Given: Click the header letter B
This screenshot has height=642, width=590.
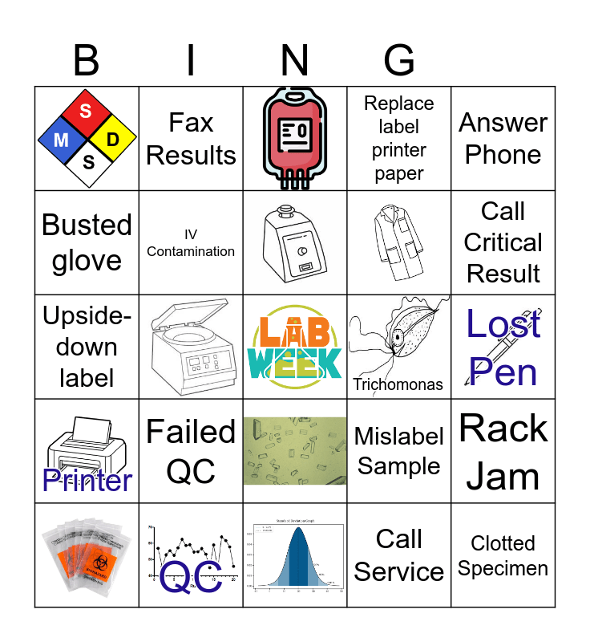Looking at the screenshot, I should tap(87, 61).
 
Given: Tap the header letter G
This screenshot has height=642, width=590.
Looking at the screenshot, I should tap(399, 61).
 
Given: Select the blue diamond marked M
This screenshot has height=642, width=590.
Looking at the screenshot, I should tap(62, 140).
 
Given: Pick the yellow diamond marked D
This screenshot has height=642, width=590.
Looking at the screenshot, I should tap(113, 140).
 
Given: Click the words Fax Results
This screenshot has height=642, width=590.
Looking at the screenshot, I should tap(191, 139).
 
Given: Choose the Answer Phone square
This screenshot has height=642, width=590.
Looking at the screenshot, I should tap(503, 139).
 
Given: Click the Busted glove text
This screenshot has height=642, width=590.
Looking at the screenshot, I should tap(87, 242).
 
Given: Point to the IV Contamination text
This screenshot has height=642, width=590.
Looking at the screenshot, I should tap(191, 243).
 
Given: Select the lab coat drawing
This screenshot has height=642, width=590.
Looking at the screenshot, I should tap(398, 242).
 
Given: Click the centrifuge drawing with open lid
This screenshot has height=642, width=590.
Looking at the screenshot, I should tap(191, 347).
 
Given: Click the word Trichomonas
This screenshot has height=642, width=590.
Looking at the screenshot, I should tap(398, 384).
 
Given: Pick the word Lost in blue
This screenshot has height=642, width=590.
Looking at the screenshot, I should tap(503, 324).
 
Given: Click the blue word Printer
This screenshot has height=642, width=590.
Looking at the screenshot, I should tap(87, 480).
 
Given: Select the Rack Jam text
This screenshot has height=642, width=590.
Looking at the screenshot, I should tap(503, 452).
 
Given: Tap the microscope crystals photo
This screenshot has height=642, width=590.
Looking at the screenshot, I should tap(295, 451).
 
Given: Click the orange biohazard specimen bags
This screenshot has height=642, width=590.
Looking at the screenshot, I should tap(87, 555).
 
